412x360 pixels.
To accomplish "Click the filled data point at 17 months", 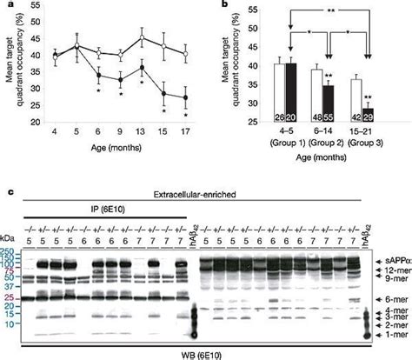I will tap(184, 97).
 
